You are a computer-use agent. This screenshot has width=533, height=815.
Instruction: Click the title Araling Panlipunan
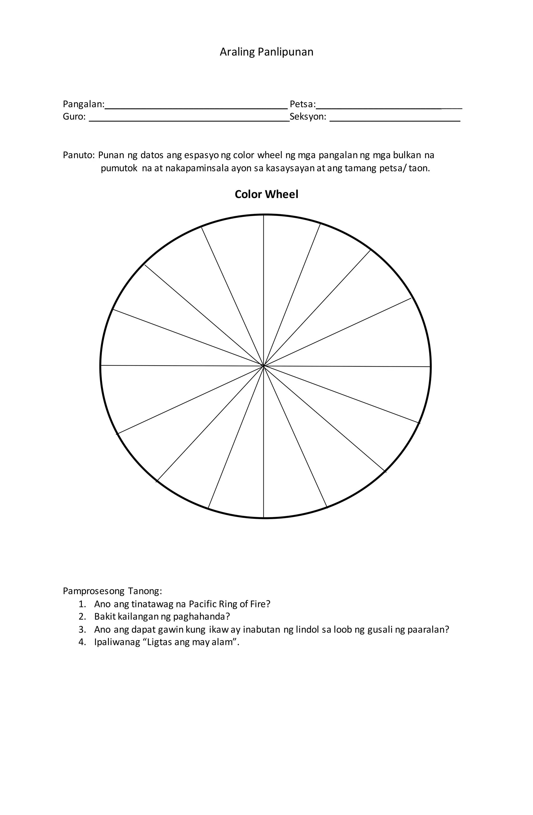(266, 52)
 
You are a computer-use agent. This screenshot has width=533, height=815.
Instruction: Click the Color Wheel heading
(266, 194)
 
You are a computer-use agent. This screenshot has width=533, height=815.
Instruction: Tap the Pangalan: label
(84, 104)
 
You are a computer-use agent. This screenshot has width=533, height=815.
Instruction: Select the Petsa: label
(302, 104)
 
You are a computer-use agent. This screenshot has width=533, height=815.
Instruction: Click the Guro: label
(74, 117)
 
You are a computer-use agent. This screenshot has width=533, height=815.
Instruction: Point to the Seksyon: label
(308, 117)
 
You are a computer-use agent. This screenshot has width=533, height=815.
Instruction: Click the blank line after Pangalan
(196, 107)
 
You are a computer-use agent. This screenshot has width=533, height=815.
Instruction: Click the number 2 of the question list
(81, 617)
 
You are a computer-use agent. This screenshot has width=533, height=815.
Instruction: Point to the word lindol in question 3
(307, 630)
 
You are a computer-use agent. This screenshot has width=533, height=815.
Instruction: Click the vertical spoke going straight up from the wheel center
(264, 291)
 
